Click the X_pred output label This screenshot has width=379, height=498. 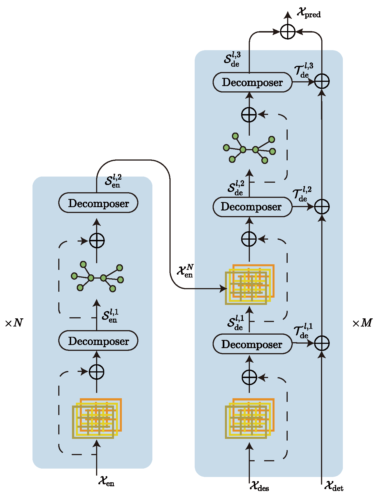308,13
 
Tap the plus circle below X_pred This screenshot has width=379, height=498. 288,32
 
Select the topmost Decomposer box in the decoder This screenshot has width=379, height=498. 252,82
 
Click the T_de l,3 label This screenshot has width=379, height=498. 304,70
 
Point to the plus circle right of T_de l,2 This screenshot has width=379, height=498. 322,207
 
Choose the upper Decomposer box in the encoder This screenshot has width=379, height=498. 98,203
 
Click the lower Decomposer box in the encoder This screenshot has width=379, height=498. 98,341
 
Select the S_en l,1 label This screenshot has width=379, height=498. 110,316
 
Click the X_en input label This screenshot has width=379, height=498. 106,481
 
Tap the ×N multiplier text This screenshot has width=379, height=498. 14,323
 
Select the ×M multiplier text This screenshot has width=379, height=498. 362,323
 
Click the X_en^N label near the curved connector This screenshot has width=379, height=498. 185,271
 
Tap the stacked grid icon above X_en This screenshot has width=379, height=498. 97,418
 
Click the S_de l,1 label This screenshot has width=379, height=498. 235,323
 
